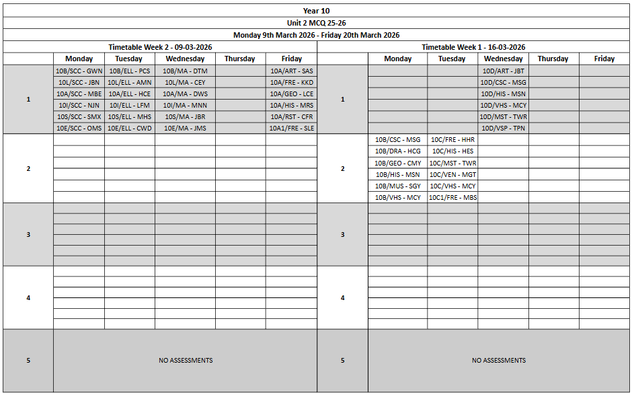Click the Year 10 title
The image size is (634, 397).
(x=316, y=11)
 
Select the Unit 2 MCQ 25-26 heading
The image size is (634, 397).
(x=316, y=23)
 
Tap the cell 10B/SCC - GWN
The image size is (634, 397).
(x=79, y=71)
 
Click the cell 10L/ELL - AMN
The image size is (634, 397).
(x=130, y=82)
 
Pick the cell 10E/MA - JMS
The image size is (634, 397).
(x=185, y=128)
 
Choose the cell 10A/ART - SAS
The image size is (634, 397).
(x=291, y=71)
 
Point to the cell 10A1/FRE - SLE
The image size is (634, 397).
(x=291, y=128)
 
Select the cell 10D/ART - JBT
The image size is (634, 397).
(x=503, y=71)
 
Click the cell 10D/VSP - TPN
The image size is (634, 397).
(x=503, y=128)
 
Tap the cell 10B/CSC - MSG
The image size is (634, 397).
(x=397, y=140)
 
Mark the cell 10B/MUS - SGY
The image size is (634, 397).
(x=397, y=186)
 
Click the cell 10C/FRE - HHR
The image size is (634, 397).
(x=452, y=140)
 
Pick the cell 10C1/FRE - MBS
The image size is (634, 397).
(x=452, y=197)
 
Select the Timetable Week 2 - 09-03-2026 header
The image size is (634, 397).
(x=159, y=47)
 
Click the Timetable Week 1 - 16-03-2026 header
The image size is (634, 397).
(x=473, y=47)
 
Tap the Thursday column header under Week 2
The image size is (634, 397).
(x=240, y=59)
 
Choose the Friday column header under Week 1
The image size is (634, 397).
(x=604, y=59)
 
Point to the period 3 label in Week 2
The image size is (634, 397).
(x=28, y=234)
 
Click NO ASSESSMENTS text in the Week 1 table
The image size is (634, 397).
(x=498, y=361)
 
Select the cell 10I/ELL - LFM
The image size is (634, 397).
(x=130, y=105)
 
